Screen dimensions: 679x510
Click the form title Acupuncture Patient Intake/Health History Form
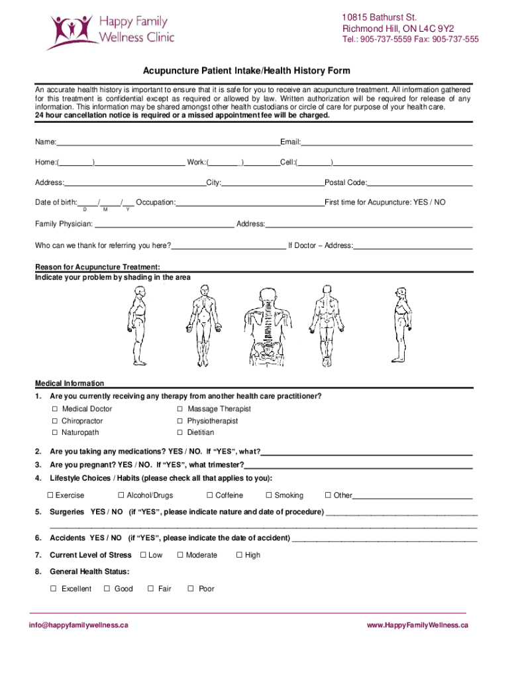pos(247,71)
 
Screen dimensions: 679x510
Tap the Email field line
pos(387,143)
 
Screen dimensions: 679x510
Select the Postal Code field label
pos(345,182)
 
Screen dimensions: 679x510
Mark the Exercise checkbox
pos(50,495)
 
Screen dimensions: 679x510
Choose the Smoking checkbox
pos(269,495)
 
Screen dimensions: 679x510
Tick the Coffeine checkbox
pos(209,495)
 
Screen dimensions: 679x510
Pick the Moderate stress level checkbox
pos(179,555)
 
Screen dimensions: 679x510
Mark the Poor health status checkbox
pos(191,589)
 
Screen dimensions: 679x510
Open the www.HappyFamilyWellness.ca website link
pos(418,625)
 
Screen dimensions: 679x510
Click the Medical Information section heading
pos(70,383)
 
